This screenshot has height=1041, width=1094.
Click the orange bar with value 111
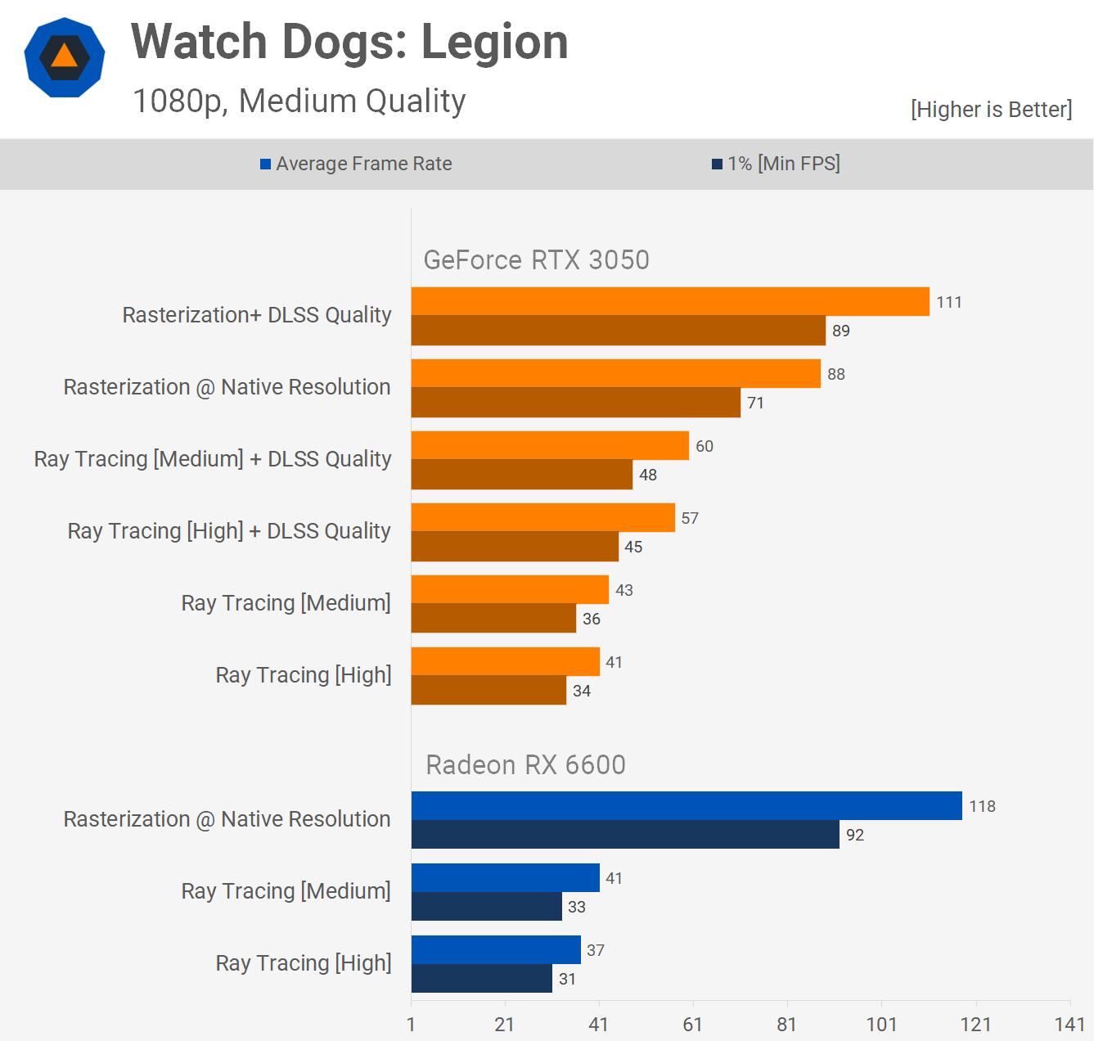coord(670,301)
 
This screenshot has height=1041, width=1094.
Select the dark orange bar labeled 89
coord(618,331)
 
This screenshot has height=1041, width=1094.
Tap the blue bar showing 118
coord(687,805)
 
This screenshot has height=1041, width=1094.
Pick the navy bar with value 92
coord(625,835)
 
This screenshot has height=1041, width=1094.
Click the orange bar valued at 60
coord(550,445)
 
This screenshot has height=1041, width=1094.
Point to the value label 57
coord(690,518)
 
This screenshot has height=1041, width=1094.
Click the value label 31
coord(567,979)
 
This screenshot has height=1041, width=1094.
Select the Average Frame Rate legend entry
coord(356,164)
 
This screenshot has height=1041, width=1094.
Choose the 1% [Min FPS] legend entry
coord(776,164)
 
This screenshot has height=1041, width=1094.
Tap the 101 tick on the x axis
coord(881,1025)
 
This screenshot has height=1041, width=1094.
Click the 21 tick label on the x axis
coord(505,1025)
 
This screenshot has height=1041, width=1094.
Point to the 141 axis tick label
coord(1069,1025)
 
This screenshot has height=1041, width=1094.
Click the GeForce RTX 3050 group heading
coord(536,260)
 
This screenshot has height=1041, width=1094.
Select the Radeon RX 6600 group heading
coord(525,765)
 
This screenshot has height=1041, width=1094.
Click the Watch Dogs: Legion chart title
coord(349,43)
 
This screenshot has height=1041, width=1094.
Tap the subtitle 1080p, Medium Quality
coord(299,101)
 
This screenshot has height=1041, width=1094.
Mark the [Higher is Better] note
coord(991,110)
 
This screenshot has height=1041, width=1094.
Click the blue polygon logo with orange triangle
coord(65,57)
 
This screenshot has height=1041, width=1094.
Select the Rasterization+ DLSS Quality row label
coord(257,315)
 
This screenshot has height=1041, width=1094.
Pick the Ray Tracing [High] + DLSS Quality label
coord(229,531)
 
